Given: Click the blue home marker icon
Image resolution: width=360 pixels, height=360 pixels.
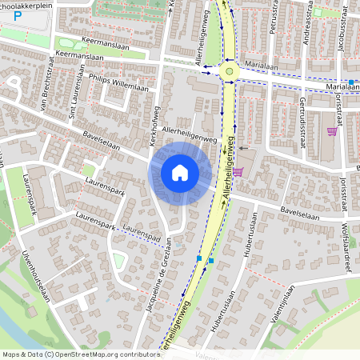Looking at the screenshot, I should [180, 173].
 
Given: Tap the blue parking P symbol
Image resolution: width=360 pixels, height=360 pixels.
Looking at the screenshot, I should [18, 38].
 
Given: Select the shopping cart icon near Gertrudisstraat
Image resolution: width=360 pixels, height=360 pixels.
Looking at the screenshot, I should [332, 132].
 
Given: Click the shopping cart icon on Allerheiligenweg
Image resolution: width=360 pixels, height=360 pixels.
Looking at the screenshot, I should [237, 172].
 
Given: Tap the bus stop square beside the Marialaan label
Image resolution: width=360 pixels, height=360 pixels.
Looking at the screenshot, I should [351, 82].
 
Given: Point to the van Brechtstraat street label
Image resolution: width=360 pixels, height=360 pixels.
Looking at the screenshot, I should [46, 92].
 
